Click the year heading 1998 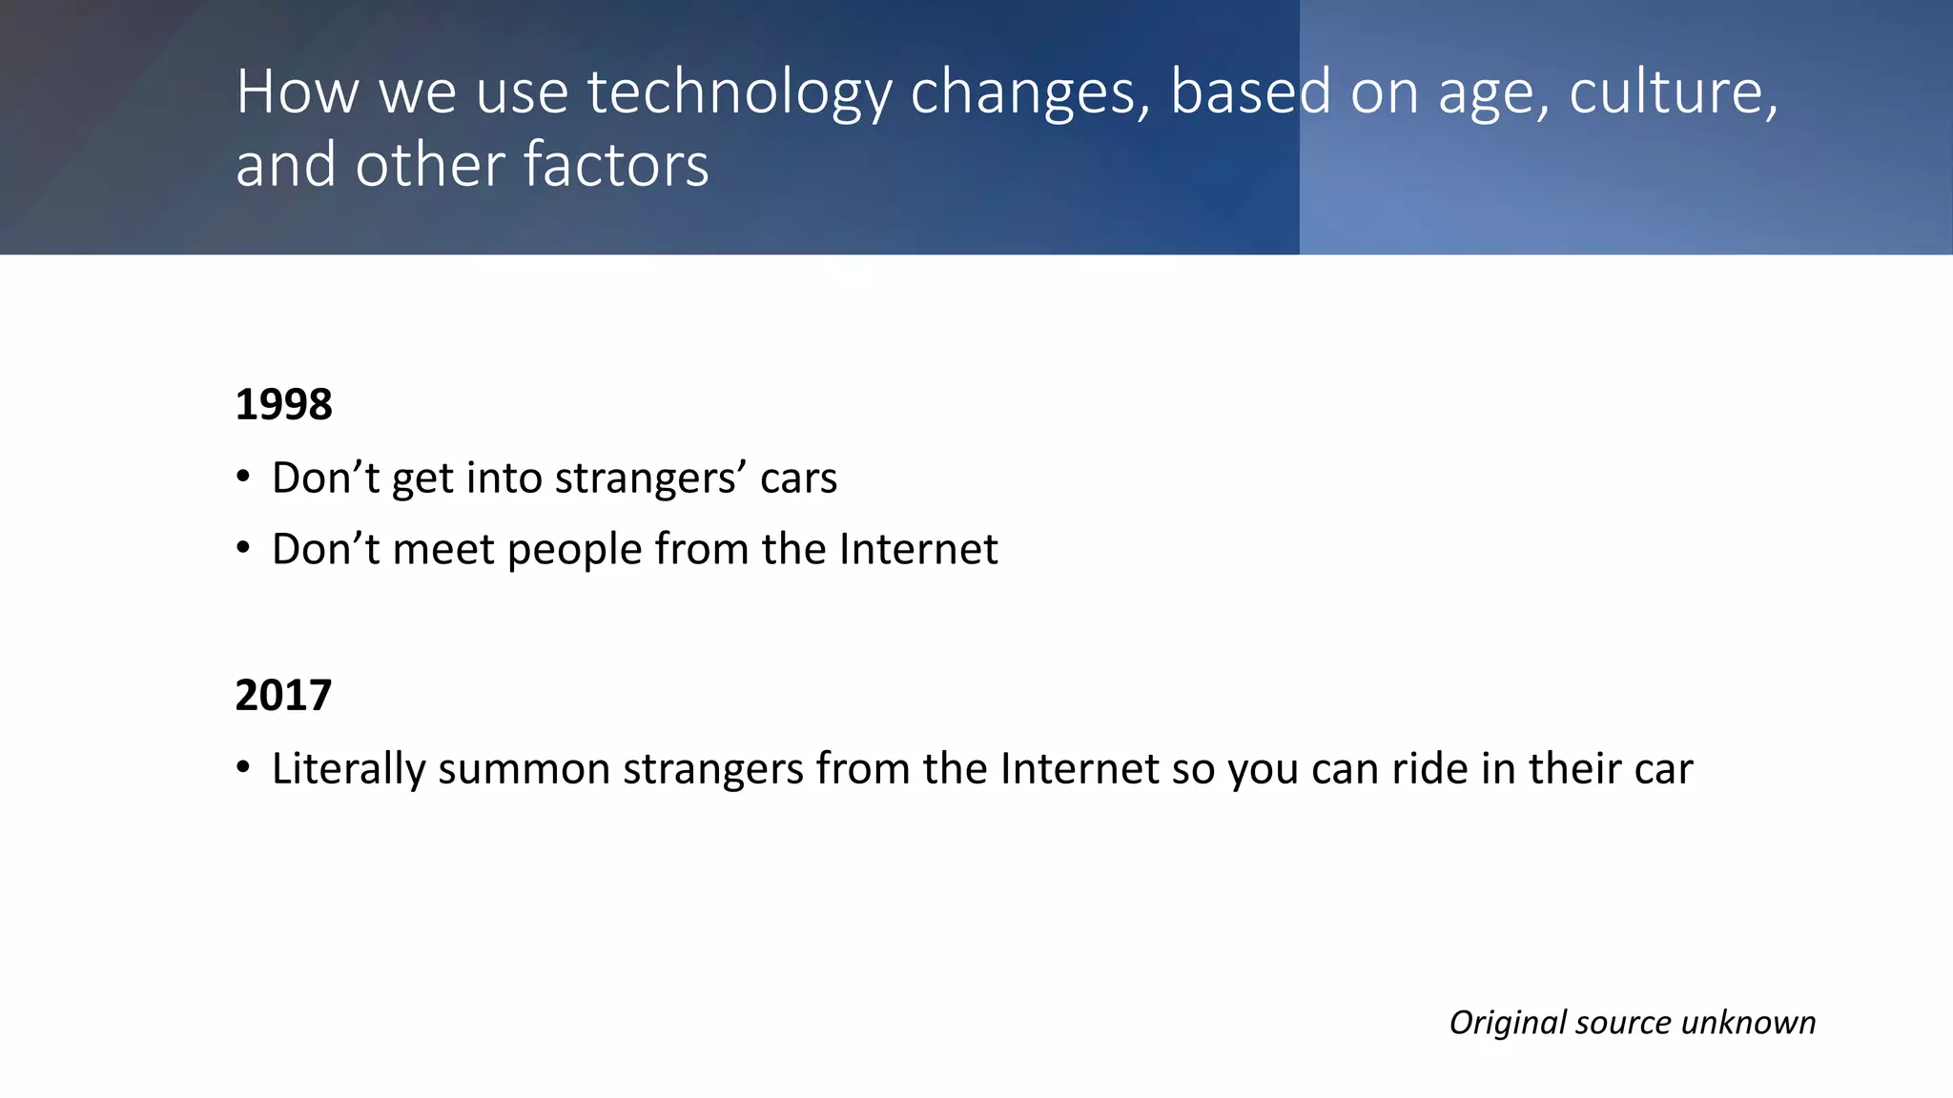click(x=283, y=404)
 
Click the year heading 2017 click(x=283, y=695)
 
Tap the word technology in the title click(x=739, y=93)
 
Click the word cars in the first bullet click(x=798, y=478)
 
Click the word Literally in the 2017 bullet click(x=348, y=769)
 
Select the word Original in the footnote click(x=1508, y=1023)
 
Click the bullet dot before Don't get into click(x=243, y=476)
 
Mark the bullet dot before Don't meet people click(x=243, y=548)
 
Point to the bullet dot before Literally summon click(x=243, y=767)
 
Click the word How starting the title click(x=298, y=92)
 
